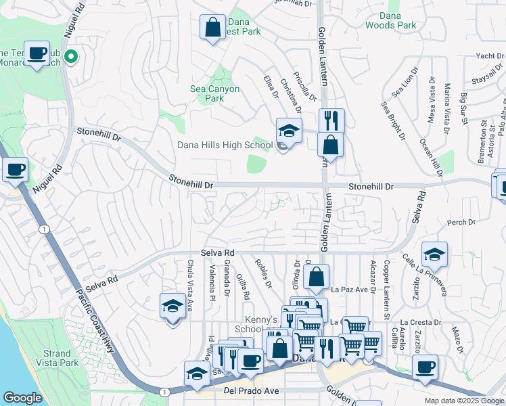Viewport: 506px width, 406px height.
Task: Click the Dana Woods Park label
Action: (x=390, y=20)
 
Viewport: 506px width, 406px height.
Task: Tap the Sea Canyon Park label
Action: (x=214, y=93)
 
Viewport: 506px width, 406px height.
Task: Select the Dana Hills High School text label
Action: (x=225, y=145)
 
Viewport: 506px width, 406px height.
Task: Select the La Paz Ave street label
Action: (x=351, y=290)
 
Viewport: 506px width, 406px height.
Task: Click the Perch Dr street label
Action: (x=457, y=222)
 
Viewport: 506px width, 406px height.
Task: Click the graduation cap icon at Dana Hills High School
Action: (x=289, y=131)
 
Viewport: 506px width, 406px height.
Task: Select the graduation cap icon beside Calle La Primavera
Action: (x=434, y=254)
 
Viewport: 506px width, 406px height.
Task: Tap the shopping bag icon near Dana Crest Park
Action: (x=212, y=28)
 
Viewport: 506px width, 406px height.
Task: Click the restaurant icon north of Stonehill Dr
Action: (x=331, y=120)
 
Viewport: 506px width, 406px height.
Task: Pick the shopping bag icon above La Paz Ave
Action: (x=316, y=276)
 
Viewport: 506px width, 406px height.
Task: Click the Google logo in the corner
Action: (x=22, y=398)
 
